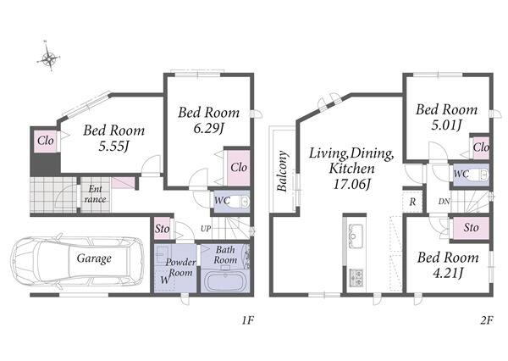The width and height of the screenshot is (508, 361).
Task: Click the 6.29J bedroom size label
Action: point(209,129)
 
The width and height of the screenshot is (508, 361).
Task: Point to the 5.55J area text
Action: point(113,147)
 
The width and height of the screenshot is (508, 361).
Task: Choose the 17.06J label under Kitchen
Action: point(352,184)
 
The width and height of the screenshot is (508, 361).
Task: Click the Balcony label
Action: point(282,171)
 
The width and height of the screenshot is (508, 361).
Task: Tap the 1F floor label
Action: point(248,320)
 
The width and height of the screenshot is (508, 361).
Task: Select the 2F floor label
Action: point(487,320)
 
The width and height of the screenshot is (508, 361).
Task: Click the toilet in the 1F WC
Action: point(240,202)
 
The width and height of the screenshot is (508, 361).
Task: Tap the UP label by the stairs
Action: point(206,229)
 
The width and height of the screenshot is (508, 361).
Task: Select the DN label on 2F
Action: point(444,202)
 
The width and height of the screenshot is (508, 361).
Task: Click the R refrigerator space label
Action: point(412,202)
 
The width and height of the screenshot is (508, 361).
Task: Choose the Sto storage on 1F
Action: point(162,229)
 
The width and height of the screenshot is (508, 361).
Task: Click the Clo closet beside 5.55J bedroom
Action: point(46,141)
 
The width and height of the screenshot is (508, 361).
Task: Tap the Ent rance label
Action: point(95,194)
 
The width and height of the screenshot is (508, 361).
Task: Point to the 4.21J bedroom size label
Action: point(447,274)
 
